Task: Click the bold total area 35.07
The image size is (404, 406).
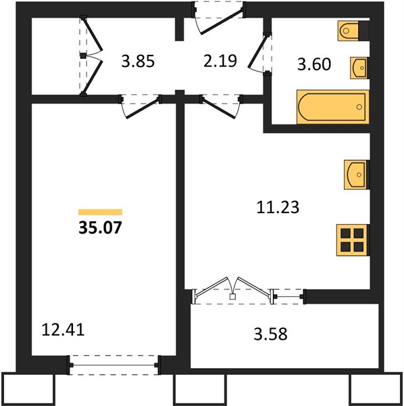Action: click(100, 228)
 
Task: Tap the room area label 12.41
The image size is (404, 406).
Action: click(63, 330)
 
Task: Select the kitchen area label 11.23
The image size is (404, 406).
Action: click(278, 208)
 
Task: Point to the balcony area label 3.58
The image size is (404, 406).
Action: click(270, 334)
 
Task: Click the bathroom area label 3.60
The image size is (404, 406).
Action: click(314, 64)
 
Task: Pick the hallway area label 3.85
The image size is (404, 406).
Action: click(138, 61)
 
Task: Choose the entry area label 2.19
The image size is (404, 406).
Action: click(220, 61)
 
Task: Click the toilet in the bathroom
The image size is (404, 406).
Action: click(353, 31)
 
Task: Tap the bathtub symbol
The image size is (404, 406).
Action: click(332, 107)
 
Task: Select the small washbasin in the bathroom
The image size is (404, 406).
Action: click(359, 68)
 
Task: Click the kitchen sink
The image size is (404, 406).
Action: click(357, 175)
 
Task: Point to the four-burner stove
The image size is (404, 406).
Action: click(353, 240)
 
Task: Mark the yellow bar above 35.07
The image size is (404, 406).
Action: click(100, 212)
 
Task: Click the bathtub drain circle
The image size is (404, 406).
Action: click(359, 107)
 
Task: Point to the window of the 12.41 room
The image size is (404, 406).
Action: click(113, 365)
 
